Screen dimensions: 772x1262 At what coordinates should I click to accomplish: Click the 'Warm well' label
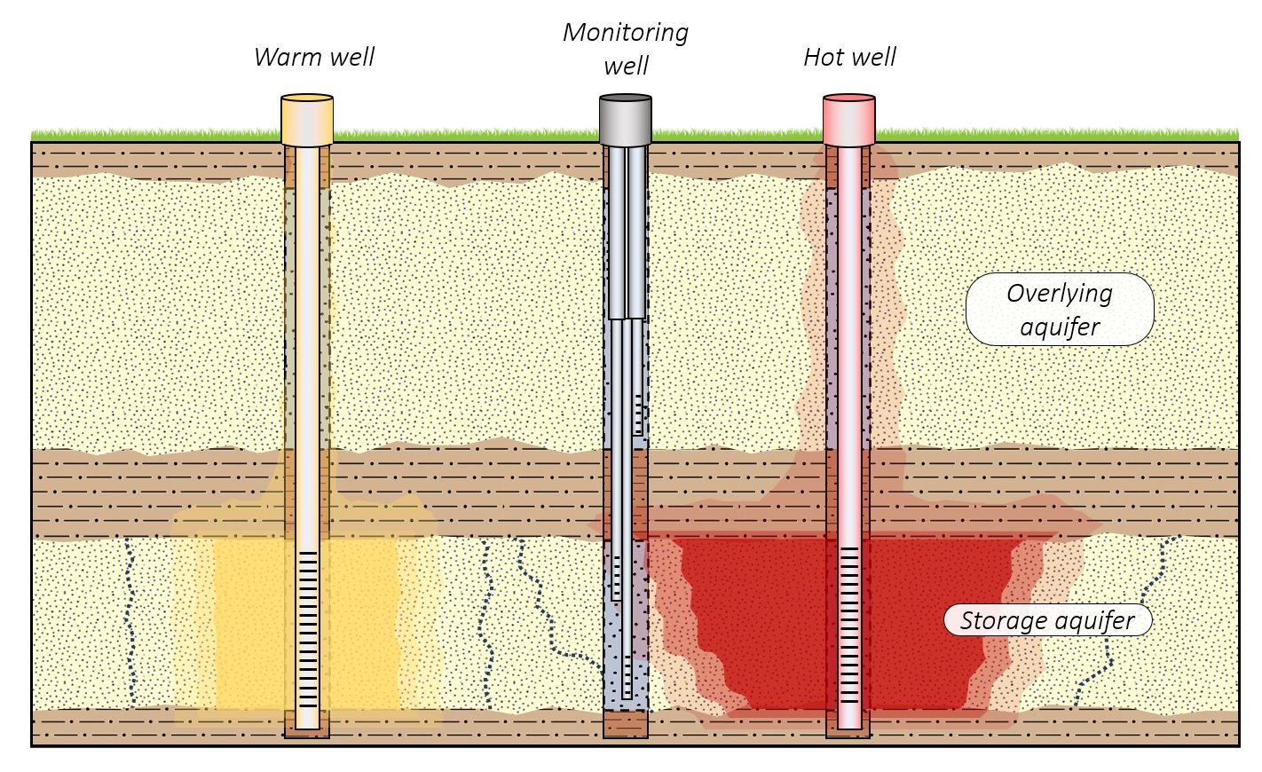314,58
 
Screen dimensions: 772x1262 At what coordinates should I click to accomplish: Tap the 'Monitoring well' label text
626,49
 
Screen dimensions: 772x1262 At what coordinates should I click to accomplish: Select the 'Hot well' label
849,58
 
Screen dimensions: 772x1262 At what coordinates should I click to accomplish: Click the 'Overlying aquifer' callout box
1060,310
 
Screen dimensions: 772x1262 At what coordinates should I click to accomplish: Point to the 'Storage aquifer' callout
1047,620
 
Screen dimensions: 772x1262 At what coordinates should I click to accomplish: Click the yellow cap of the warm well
307,120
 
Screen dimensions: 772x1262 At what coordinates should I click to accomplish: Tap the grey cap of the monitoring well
626,120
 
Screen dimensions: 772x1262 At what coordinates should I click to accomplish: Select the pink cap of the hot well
849,120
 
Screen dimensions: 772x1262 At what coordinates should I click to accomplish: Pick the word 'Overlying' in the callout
1060,294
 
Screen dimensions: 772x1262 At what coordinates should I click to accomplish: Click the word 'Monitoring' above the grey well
626,33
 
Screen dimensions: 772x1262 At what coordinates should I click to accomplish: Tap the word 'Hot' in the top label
823,58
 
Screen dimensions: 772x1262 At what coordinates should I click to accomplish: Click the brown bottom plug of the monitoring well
626,724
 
